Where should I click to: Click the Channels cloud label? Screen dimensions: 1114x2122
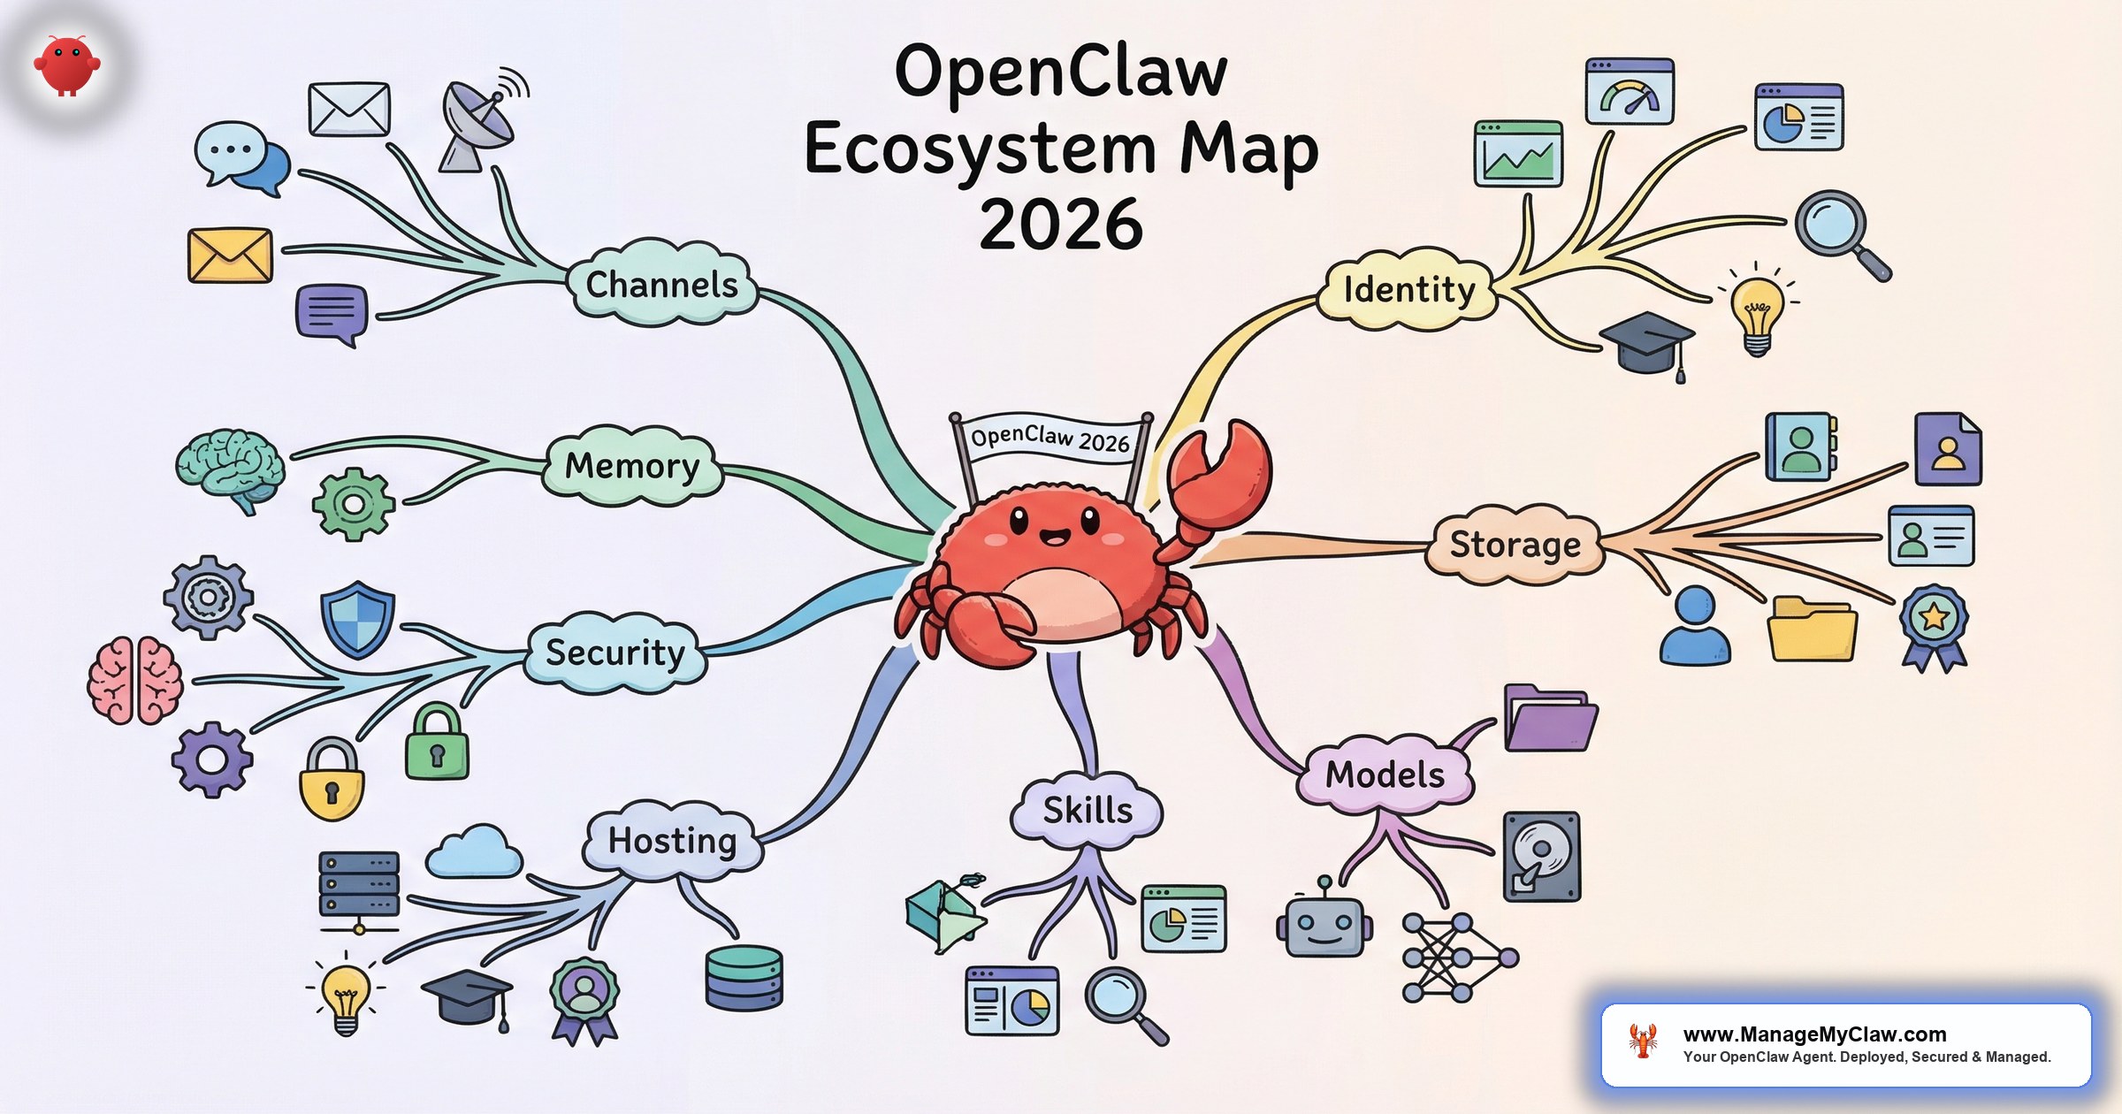click(x=661, y=285)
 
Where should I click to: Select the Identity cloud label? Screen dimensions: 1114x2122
click(x=1408, y=290)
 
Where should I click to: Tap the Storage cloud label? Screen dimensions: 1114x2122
click(x=1515, y=545)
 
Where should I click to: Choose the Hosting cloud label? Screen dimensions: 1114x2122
click(x=672, y=840)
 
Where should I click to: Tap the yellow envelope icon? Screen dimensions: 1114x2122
click(x=230, y=256)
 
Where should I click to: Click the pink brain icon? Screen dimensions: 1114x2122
click(x=135, y=680)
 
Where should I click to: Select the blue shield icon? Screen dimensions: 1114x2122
click(x=357, y=618)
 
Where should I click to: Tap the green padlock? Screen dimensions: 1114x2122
click(x=437, y=743)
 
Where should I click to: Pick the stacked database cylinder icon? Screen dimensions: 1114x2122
click(x=744, y=978)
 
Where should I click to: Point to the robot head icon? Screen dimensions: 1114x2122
click(x=1324, y=924)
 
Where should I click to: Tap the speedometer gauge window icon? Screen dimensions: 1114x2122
click(x=1630, y=91)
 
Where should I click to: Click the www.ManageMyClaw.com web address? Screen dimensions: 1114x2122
click(x=1814, y=1034)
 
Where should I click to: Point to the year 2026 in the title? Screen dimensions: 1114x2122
click(x=1061, y=225)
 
